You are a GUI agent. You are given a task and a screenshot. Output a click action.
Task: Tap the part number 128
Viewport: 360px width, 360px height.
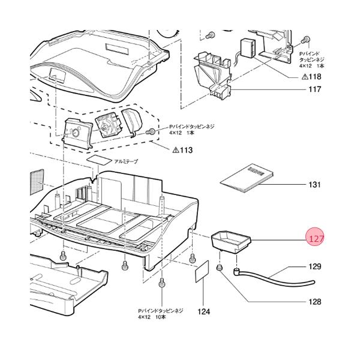tap(315, 302)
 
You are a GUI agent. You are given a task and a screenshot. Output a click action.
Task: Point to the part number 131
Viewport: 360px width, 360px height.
tap(314, 185)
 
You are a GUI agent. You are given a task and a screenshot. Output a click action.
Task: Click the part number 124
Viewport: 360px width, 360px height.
tap(204, 312)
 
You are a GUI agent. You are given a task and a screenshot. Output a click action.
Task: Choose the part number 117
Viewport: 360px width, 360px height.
tap(314, 91)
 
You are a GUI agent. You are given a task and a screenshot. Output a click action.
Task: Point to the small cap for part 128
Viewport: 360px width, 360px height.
tap(220, 268)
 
